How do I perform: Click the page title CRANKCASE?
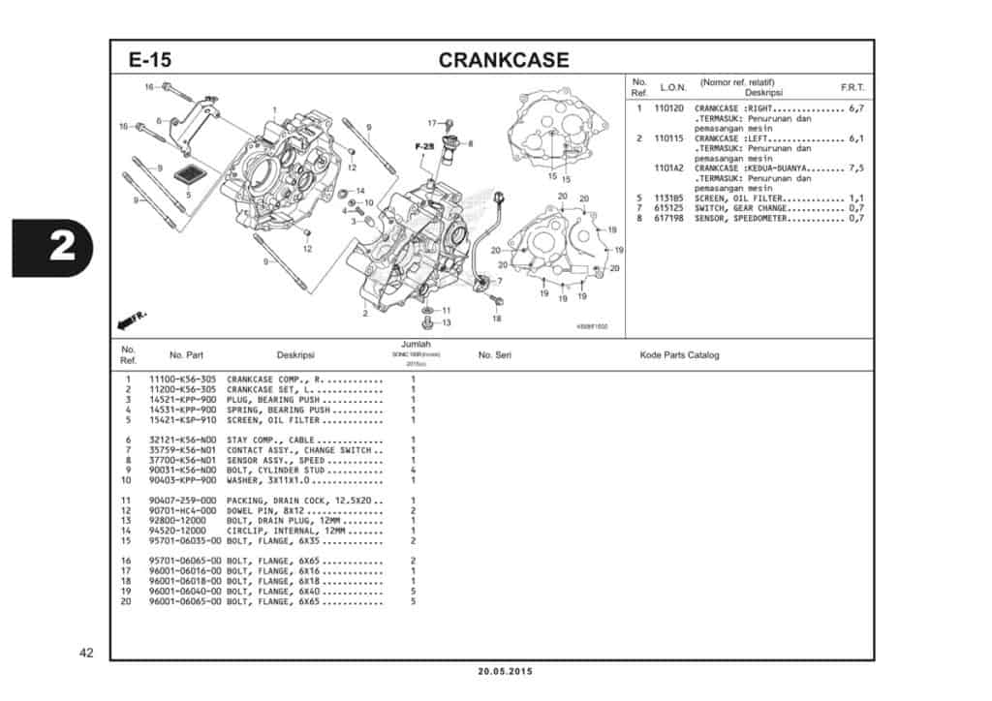503,60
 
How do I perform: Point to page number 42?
86,653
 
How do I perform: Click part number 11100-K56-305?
182,379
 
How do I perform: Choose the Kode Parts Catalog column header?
679,355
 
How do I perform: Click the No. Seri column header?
494,355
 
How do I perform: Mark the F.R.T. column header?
852,87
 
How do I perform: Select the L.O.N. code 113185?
668,198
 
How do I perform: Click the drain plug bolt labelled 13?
427,320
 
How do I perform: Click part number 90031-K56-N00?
182,470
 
